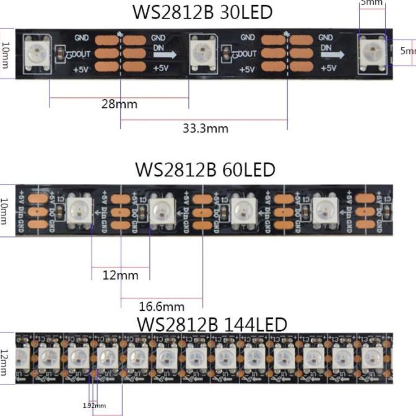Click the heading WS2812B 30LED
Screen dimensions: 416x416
click(x=202, y=12)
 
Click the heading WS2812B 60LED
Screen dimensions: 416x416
click(x=205, y=169)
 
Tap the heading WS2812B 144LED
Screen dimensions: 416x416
click(x=212, y=324)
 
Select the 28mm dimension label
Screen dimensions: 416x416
click(x=119, y=104)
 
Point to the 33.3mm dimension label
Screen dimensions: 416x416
click(x=206, y=128)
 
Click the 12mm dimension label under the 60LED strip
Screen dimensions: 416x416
click(x=120, y=275)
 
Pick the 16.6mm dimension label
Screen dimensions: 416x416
click(x=162, y=306)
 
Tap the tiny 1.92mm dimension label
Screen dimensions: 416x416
click(x=94, y=405)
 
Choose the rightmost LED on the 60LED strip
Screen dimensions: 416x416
click(x=325, y=209)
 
